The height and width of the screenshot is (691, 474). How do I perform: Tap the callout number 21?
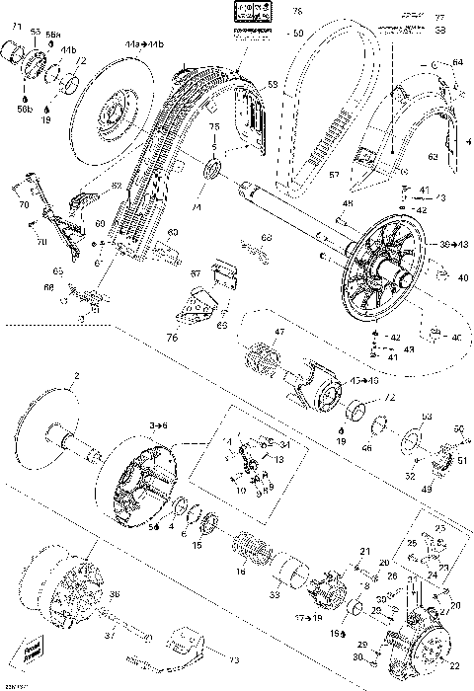tap(363, 551)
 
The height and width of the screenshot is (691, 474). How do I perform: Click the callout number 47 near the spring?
tap(279, 334)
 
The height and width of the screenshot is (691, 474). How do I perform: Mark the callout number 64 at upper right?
tap(457, 63)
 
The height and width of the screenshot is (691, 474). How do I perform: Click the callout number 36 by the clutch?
tap(114, 594)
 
